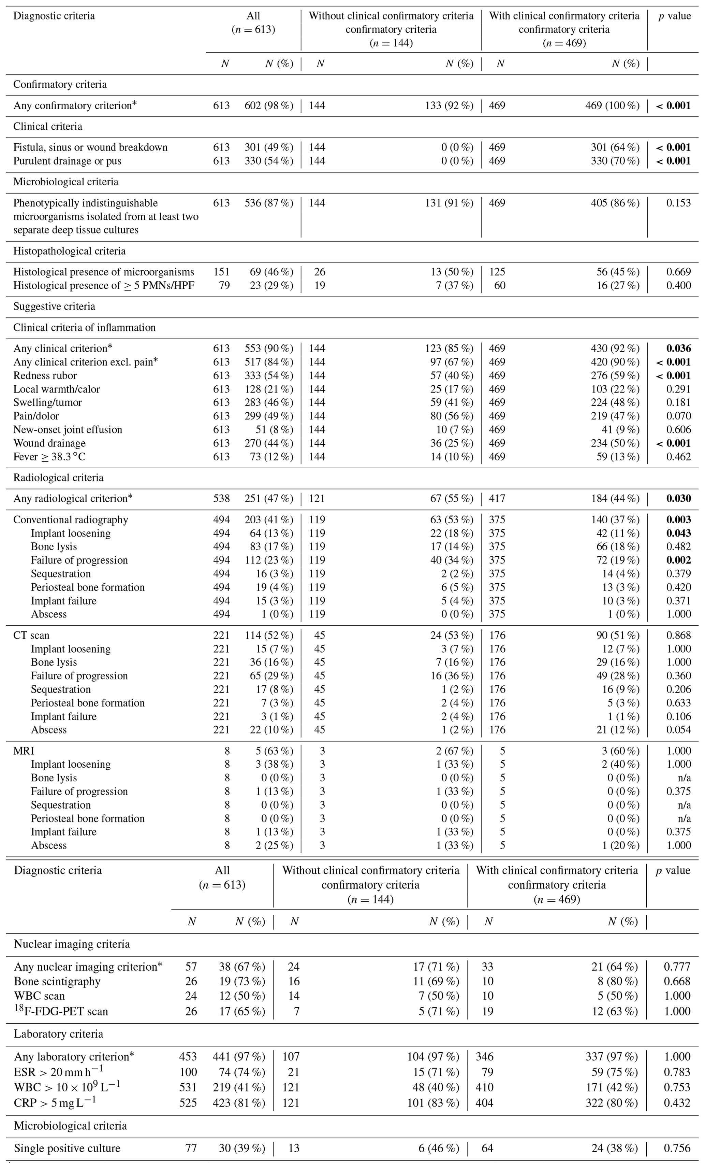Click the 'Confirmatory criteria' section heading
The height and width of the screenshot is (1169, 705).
[60, 84]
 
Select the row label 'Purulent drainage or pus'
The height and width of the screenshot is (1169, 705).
[67, 161]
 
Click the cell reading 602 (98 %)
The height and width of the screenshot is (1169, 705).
[269, 105]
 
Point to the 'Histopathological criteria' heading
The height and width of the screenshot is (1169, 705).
[69, 251]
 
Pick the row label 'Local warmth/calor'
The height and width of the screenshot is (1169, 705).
[56, 389]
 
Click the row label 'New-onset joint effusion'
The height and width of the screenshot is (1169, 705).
[67, 430]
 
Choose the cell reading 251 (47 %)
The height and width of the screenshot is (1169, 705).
[269, 499]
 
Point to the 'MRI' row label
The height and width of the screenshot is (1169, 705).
[24, 751]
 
